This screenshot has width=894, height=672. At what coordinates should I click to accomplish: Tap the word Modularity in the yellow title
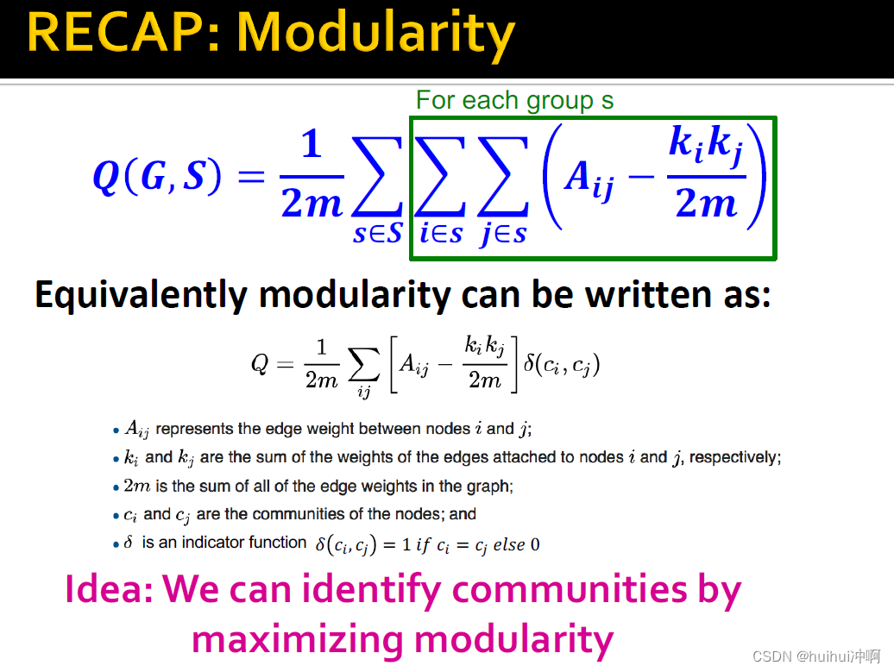coord(375,35)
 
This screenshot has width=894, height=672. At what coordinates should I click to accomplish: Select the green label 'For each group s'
coord(514,101)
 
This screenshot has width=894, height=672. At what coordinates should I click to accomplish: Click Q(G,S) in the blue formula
coord(157,176)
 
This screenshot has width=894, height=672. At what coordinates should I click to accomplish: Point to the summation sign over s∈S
coord(377,177)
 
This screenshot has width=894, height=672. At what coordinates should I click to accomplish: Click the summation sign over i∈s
coord(440,177)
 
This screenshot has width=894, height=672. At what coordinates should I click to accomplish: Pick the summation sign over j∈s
coord(503,177)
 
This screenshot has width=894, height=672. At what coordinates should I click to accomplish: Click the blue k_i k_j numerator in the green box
coord(707,145)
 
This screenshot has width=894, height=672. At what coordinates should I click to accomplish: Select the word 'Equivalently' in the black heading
coord(142,295)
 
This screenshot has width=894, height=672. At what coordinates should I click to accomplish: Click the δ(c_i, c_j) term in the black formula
coord(562,364)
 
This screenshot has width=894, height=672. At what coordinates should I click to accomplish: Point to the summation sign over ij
coord(364,364)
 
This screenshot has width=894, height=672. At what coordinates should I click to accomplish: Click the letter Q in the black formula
coord(260,364)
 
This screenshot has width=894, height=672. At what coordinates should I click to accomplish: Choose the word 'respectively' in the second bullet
coord(733,458)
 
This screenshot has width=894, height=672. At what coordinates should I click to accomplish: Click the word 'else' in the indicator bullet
coord(509,545)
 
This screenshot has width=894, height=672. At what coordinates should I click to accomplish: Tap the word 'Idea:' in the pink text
coord(109,589)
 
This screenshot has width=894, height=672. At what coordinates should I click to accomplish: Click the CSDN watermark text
coord(816,656)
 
